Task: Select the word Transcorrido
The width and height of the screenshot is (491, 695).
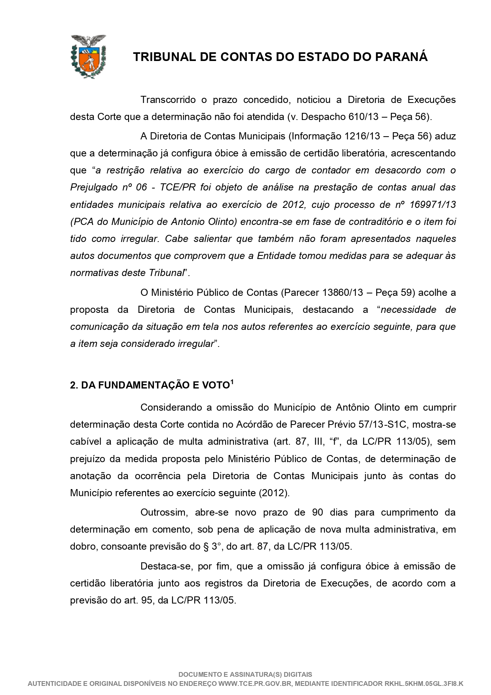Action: [168, 100]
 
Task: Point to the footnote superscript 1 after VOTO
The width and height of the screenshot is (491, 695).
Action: [232, 383]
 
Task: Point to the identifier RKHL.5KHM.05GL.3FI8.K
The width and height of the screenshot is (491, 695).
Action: [424, 684]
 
